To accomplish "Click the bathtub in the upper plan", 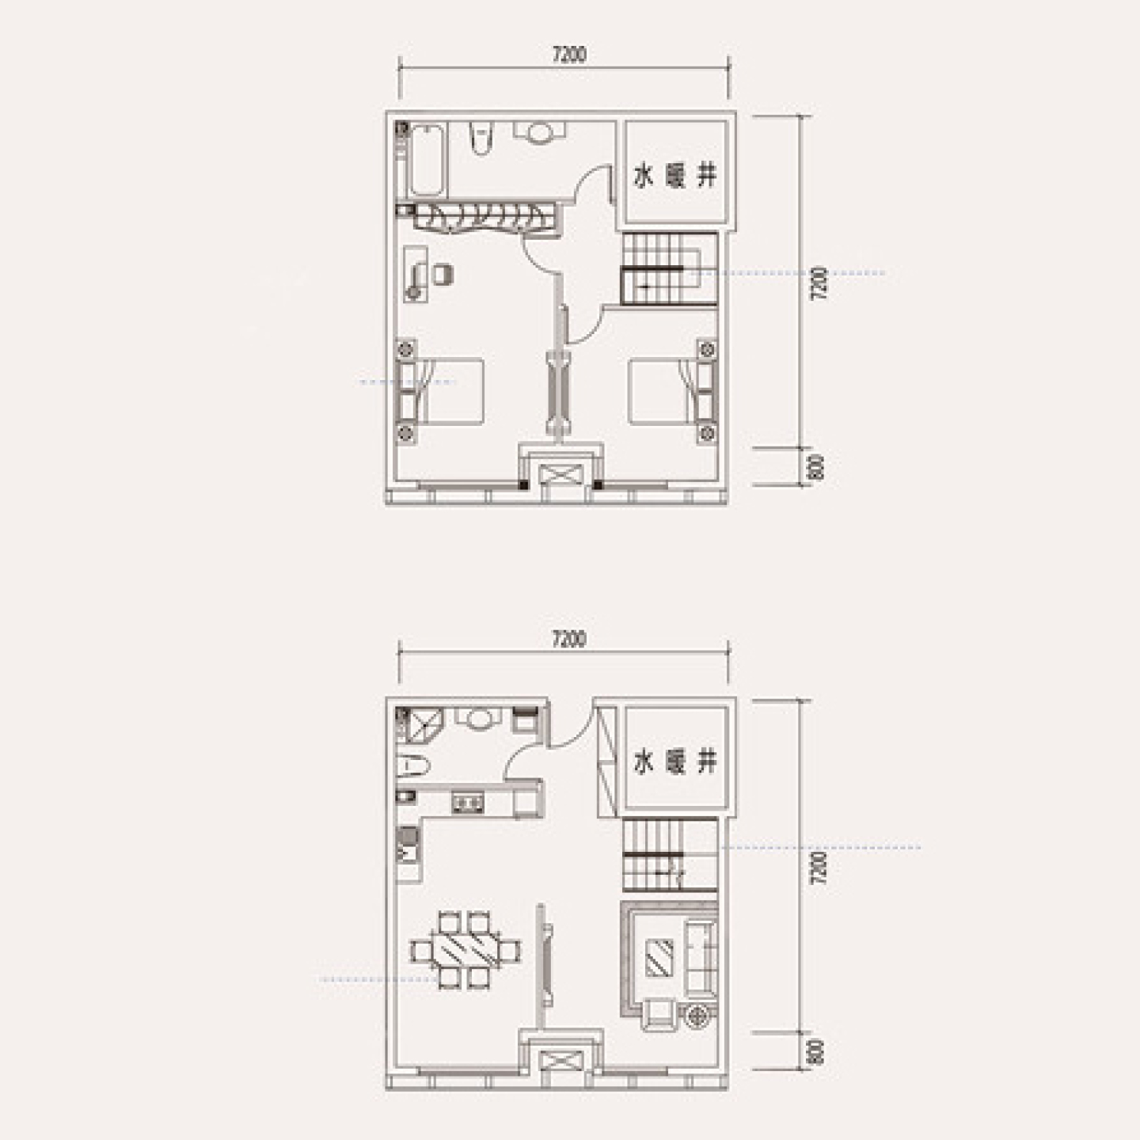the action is [427, 160].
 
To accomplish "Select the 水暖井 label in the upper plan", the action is [674, 177].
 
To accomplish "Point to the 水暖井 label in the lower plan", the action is [674, 763].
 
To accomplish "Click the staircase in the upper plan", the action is [668, 269].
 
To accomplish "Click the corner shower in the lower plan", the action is [420, 727].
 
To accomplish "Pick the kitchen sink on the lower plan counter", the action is [468, 803].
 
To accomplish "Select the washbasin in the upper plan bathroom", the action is [540, 132].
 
